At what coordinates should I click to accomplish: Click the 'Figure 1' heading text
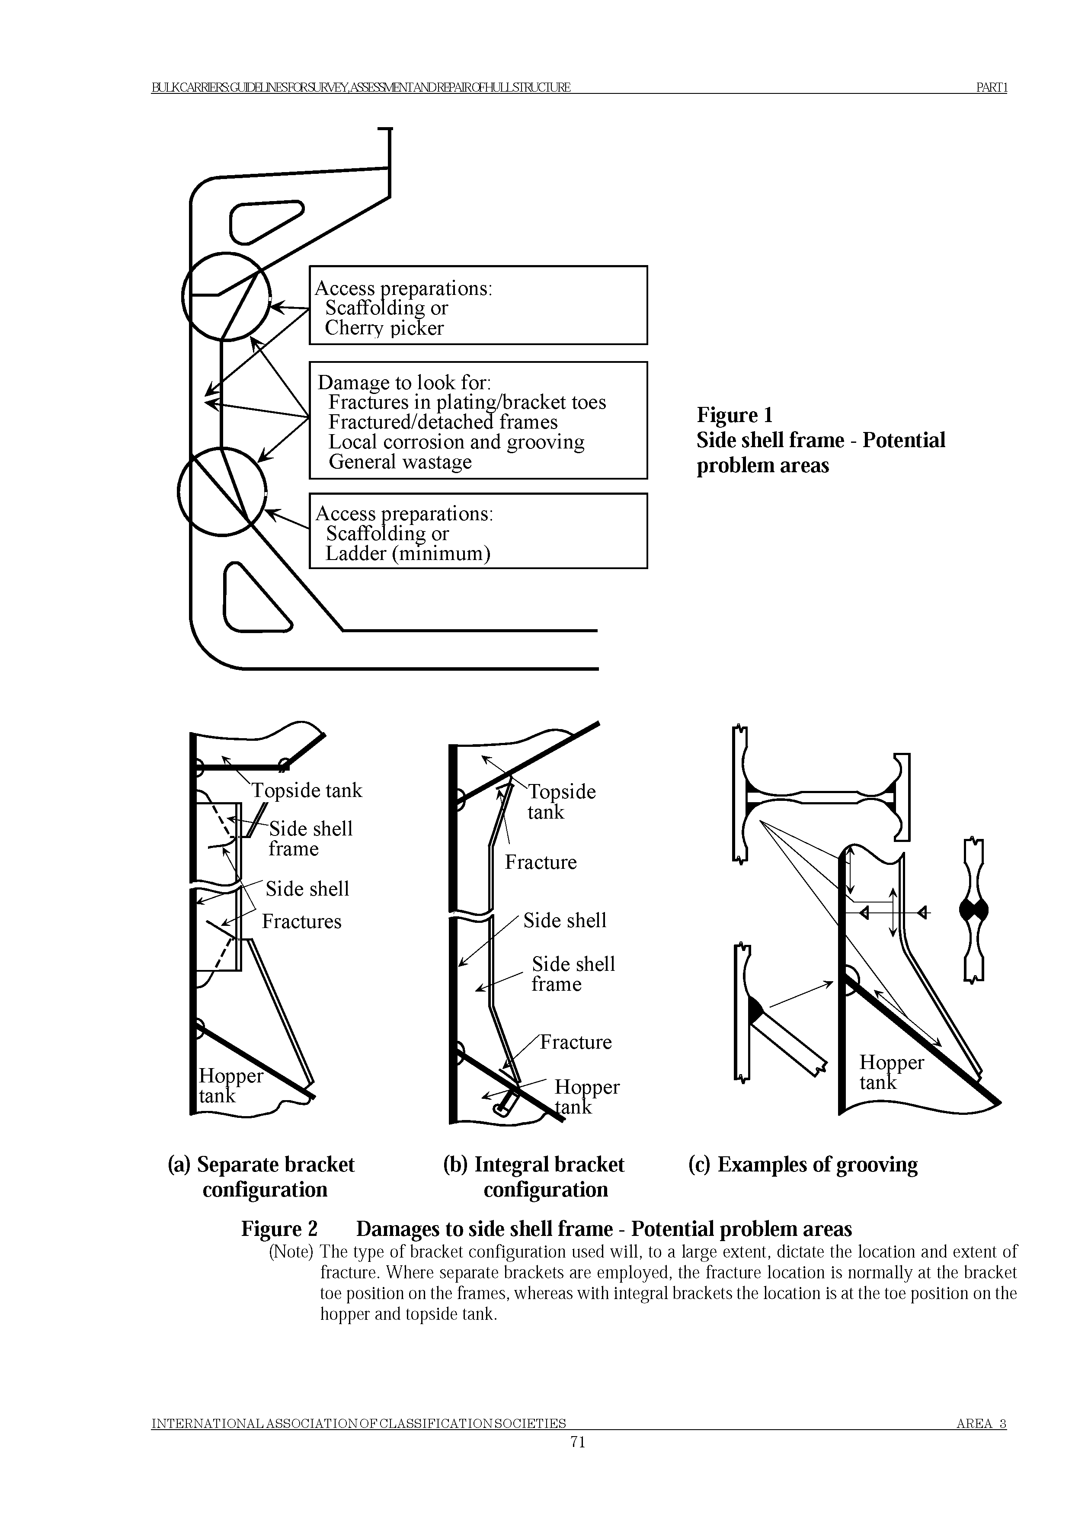click(734, 415)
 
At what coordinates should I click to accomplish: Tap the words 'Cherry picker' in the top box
click(384, 328)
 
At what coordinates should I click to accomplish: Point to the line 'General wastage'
click(400, 462)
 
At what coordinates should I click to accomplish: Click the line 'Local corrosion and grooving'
click(456, 442)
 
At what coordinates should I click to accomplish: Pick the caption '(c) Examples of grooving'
click(803, 1164)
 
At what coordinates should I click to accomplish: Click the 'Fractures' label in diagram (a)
click(302, 922)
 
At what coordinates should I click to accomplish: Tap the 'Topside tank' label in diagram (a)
click(307, 791)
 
